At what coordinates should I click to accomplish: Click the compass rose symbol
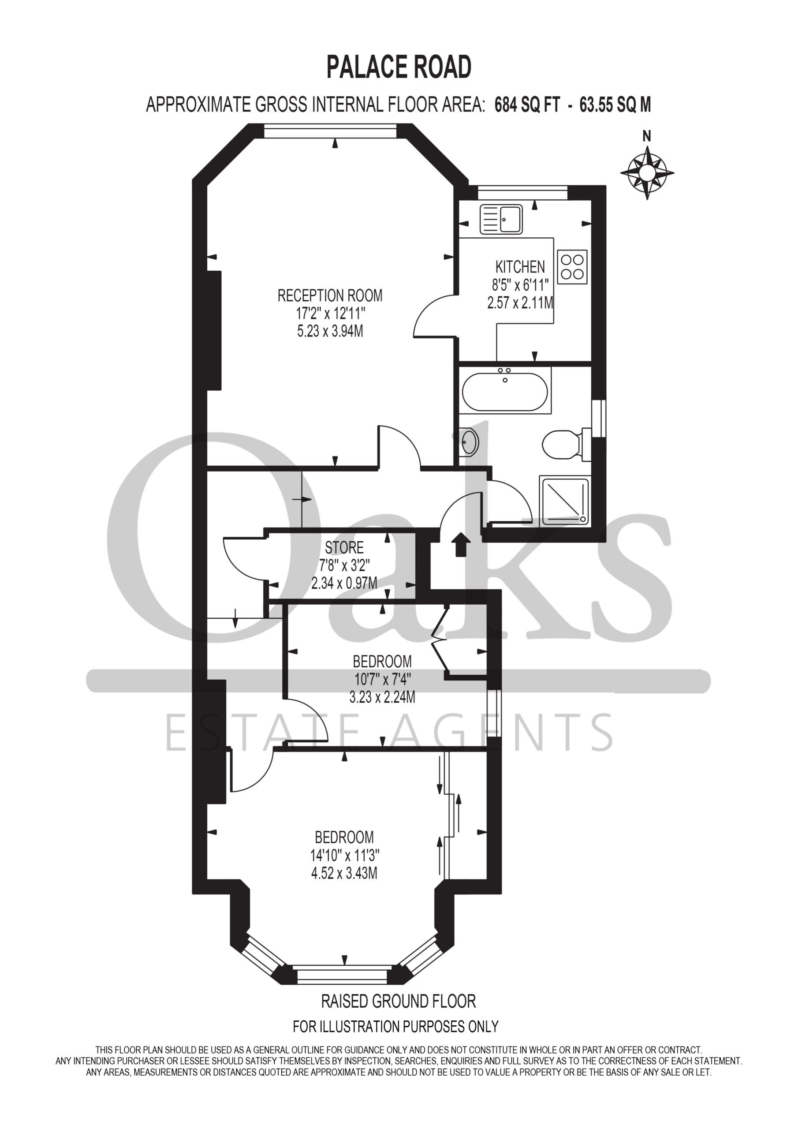(x=647, y=173)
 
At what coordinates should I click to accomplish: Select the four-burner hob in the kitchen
(x=573, y=266)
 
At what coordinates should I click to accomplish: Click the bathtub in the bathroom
(x=505, y=392)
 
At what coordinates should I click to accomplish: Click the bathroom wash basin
(x=469, y=441)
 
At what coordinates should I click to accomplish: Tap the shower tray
(x=564, y=501)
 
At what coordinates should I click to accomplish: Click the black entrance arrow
(x=460, y=544)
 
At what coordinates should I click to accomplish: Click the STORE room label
(x=344, y=548)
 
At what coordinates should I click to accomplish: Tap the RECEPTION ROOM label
(x=330, y=295)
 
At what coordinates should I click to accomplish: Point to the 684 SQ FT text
(x=526, y=105)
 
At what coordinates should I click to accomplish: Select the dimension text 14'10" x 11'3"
(x=345, y=856)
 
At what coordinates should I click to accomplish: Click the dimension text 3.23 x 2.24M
(x=382, y=697)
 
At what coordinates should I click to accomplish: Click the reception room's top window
(x=330, y=131)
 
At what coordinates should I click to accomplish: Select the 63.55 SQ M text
(x=615, y=105)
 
